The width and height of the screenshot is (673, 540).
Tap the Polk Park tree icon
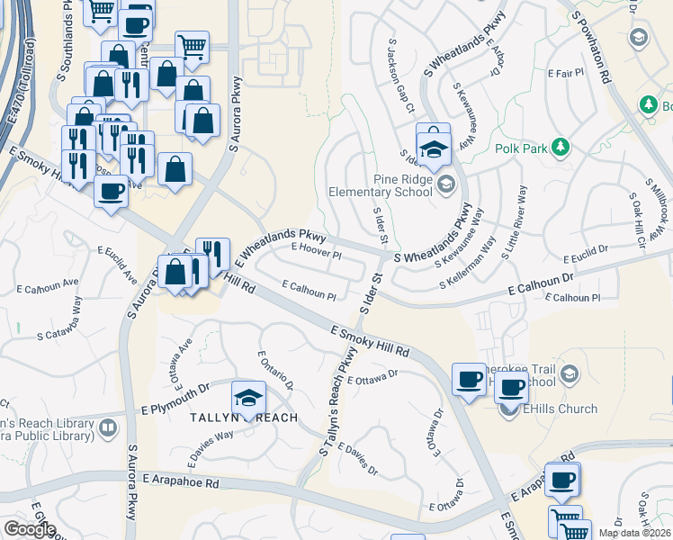561,146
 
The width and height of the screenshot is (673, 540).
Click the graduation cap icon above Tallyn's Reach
249,397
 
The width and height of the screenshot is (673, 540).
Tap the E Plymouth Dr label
175,409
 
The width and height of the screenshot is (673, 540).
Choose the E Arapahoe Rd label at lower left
179,482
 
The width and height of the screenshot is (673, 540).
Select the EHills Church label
561,409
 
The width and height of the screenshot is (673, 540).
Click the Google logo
30,529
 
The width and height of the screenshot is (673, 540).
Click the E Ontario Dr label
275,371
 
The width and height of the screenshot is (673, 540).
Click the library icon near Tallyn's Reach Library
108,427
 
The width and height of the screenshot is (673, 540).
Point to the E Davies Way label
211,447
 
